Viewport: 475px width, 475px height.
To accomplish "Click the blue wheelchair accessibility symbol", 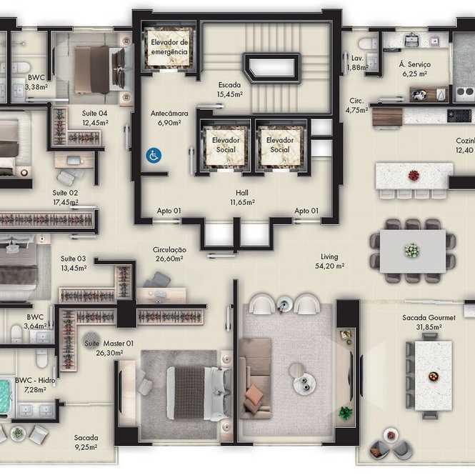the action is pyautogui.click(x=154, y=156).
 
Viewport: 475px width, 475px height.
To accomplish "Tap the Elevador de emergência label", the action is pyautogui.click(x=169, y=47).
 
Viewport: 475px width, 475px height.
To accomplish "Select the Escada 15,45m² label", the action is pyautogui.click(x=229, y=89).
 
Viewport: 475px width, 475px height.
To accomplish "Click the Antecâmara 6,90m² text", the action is pyautogui.click(x=169, y=118).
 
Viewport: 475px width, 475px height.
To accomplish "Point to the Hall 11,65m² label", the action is pyautogui.click(x=242, y=197).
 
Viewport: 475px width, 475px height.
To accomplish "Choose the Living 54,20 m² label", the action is pyautogui.click(x=329, y=261).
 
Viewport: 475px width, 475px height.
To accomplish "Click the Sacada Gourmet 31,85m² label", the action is pyautogui.click(x=429, y=322).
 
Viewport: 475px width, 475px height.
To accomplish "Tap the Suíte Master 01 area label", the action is pyautogui.click(x=109, y=348).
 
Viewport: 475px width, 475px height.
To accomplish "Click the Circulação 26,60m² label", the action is pyautogui.click(x=169, y=254).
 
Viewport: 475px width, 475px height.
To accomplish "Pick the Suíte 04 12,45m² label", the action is pyautogui.click(x=95, y=118).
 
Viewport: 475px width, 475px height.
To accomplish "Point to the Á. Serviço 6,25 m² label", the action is pyautogui.click(x=415, y=69).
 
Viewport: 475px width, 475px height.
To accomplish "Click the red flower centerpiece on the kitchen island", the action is pyautogui.click(x=414, y=176).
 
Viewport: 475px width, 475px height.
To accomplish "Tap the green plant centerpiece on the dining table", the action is pyautogui.click(x=412, y=251).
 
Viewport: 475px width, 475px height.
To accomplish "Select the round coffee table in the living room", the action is pyautogui.click(x=304, y=382).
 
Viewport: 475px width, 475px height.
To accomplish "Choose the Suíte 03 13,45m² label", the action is pyautogui.click(x=74, y=264).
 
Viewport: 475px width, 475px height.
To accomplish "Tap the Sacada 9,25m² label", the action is pyautogui.click(x=86, y=442).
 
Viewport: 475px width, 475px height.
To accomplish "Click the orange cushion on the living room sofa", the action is pyautogui.click(x=254, y=395).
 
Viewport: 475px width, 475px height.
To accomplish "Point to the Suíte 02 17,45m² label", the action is pyautogui.click(x=66, y=197).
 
